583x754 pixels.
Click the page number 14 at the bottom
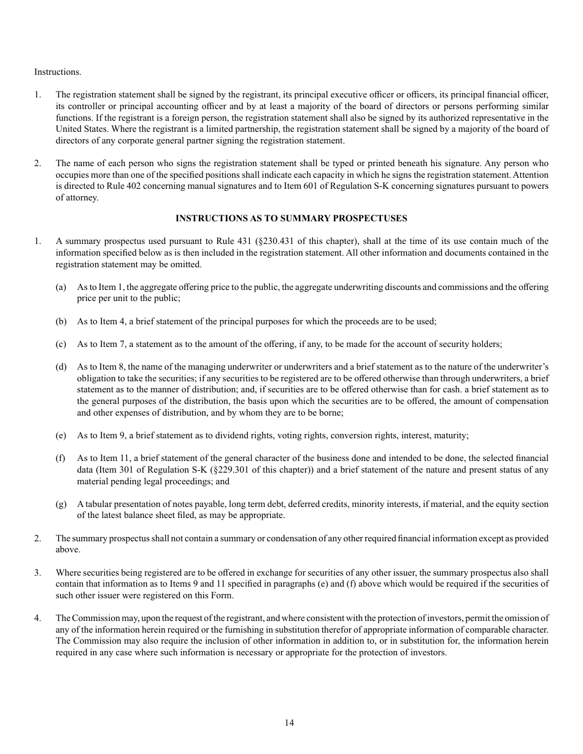(289, 723)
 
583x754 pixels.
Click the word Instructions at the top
(57, 72)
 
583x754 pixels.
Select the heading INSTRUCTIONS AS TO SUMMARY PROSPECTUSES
(291, 218)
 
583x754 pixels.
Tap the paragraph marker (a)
(61, 287)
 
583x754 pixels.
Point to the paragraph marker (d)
(61, 367)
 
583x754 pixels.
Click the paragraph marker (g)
(61, 504)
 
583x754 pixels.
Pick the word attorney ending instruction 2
(82, 197)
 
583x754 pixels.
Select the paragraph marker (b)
(61, 321)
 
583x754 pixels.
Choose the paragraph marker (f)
(61, 458)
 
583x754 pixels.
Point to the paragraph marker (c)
(61, 344)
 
